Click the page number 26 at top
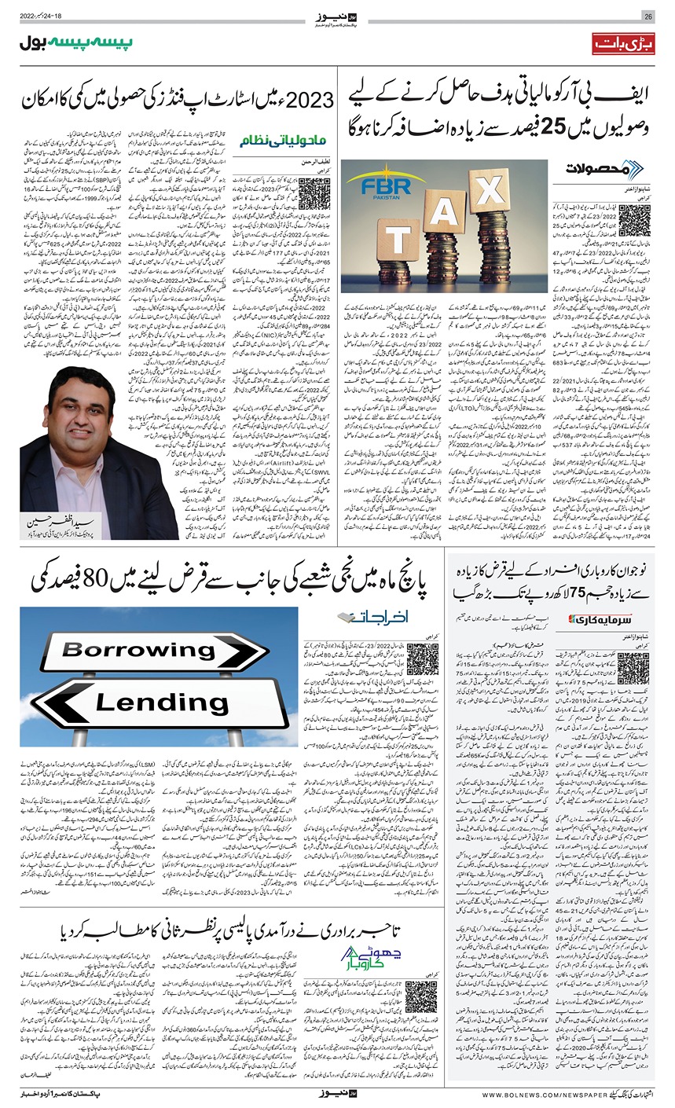coord(648,17)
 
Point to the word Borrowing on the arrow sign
coord(139,651)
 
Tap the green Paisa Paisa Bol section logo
coord(76,43)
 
